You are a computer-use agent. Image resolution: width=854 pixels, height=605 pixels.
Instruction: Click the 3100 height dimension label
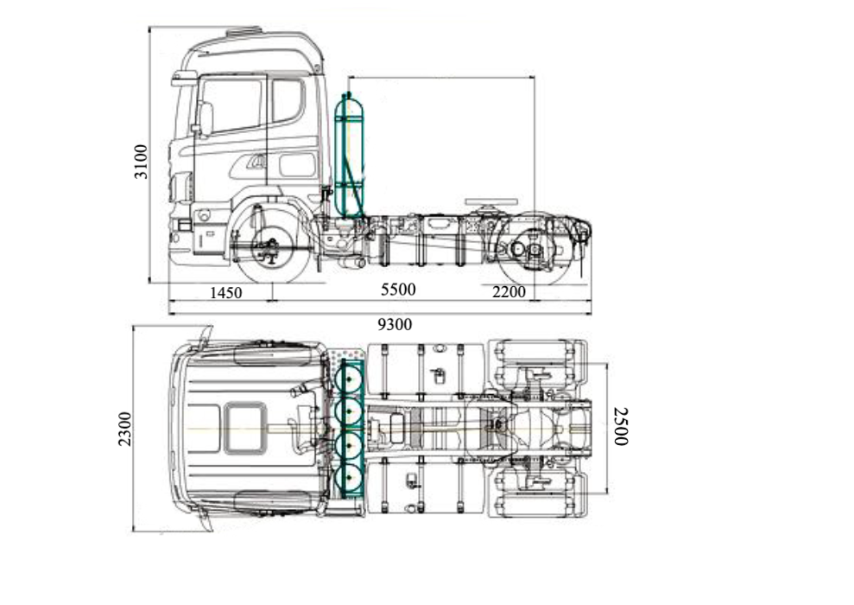(x=142, y=161)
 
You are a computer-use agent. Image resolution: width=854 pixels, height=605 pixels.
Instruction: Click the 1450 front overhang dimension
(x=226, y=293)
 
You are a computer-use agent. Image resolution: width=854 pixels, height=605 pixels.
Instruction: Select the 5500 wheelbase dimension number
(x=398, y=290)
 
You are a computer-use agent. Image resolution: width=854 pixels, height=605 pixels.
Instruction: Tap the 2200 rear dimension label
(x=509, y=292)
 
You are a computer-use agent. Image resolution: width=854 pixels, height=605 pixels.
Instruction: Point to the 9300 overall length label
(x=395, y=325)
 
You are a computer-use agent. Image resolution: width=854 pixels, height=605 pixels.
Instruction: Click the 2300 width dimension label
(x=125, y=429)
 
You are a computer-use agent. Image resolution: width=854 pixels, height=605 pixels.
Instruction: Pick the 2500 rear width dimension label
(x=620, y=426)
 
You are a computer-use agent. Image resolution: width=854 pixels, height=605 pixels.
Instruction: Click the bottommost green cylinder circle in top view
(x=350, y=478)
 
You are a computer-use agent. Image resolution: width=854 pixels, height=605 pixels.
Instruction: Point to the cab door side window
(x=232, y=105)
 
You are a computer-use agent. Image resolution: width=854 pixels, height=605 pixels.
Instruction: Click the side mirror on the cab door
(x=206, y=119)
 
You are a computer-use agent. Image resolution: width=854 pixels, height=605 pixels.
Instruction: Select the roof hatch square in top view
(x=244, y=428)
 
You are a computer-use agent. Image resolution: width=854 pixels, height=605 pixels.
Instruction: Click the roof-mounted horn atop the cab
(x=244, y=32)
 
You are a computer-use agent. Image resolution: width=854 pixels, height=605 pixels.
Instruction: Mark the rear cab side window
(x=288, y=101)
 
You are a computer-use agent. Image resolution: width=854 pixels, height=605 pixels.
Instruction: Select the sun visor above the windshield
(x=184, y=78)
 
